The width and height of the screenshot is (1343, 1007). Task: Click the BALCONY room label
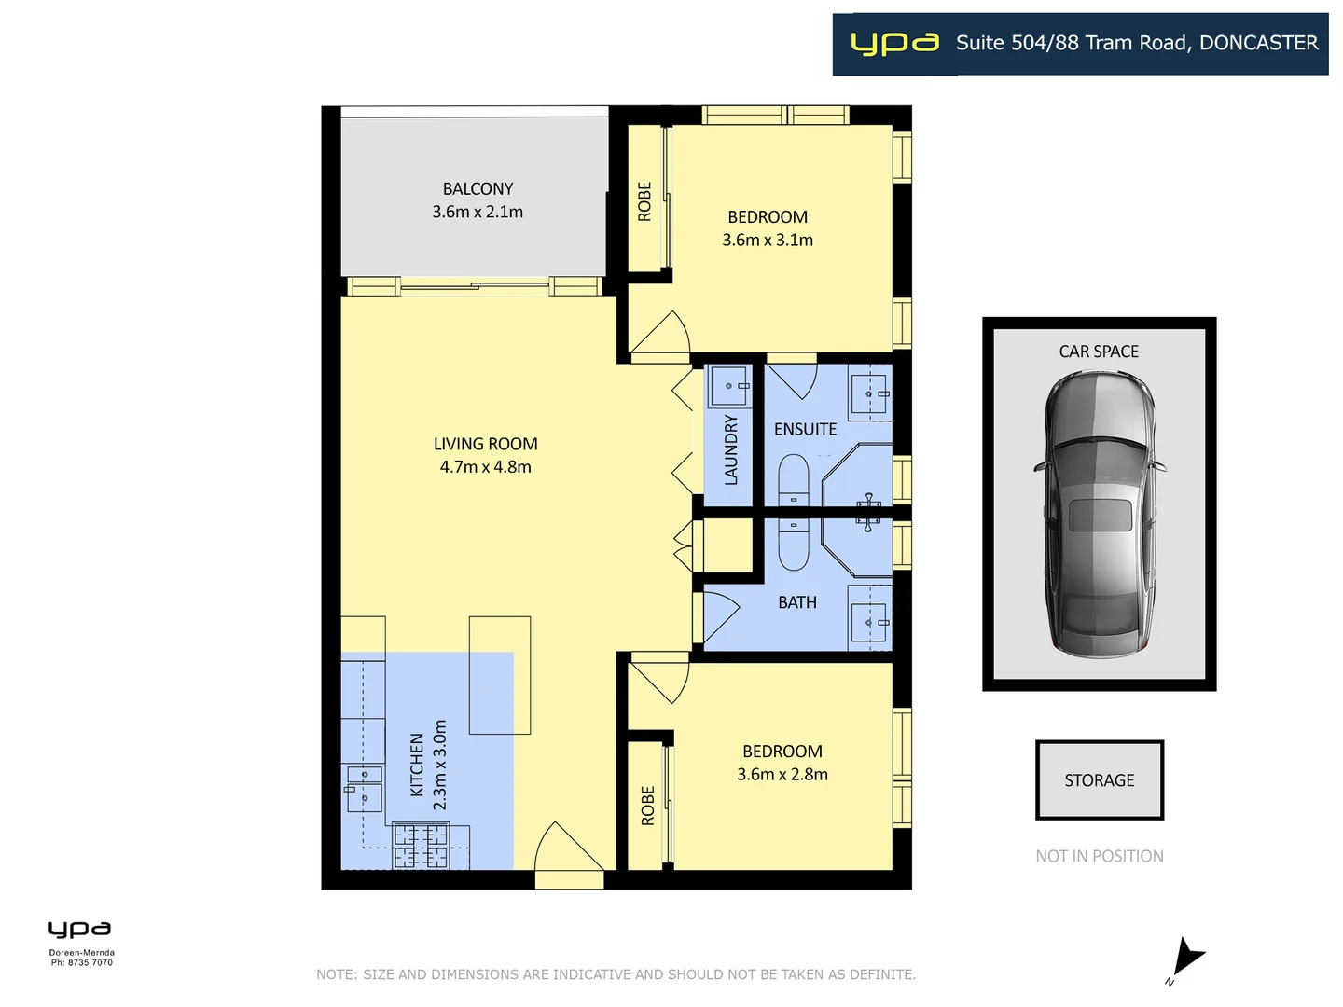point(478,188)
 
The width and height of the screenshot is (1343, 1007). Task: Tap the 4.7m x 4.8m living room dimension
point(485,467)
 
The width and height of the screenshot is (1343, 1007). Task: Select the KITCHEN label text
point(417,764)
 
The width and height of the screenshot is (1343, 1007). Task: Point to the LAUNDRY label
point(731,449)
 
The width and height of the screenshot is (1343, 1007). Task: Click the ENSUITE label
point(805,429)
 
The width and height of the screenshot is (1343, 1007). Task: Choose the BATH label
point(796,602)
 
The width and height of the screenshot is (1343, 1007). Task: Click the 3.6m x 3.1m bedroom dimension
point(767,240)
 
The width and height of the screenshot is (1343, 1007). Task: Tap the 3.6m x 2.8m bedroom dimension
point(782,774)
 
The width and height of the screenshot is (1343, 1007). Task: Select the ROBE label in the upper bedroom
point(644,201)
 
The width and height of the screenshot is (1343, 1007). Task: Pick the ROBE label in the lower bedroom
point(648,806)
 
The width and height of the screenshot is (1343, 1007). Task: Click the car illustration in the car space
point(1099,513)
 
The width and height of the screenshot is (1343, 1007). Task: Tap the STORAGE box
point(1099,780)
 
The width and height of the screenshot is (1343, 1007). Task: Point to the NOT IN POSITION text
point(1099,856)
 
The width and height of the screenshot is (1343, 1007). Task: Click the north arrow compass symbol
point(1185,959)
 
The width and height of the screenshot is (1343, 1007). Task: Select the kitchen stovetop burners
point(421,847)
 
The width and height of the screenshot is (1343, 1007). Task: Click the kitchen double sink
point(364,786)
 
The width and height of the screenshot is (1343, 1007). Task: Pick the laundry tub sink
point(728,385)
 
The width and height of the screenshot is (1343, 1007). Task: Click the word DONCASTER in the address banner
point(1258,43)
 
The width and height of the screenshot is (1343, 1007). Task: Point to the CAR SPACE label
point(1099,352)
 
